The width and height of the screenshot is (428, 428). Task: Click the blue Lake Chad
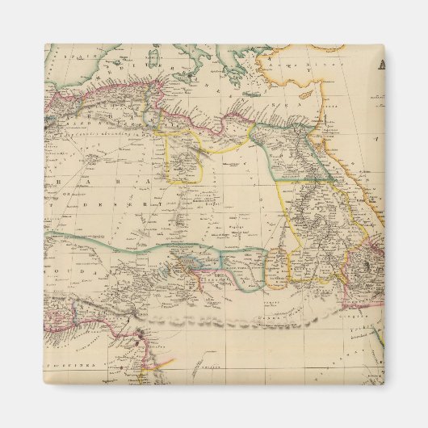pos(191,262)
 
